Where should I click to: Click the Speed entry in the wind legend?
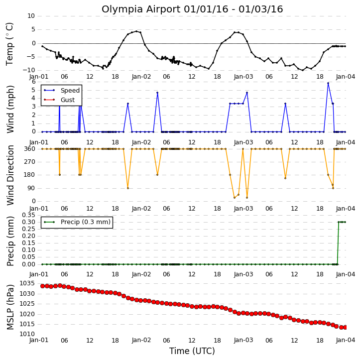(62, 90)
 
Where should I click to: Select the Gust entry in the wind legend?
(59, 100)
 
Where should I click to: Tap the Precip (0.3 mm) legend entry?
(77, 222)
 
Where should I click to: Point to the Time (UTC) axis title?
(192, 351)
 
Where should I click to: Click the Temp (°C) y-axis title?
(9, 44)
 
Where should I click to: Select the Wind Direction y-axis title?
(10, 175)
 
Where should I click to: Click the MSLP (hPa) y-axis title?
(10, 307)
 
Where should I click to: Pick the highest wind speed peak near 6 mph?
(328, 83)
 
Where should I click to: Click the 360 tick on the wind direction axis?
(30, 149)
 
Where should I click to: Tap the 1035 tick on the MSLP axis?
(27, 283)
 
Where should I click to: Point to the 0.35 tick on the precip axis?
(28, 215)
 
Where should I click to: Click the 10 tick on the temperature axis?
(31, 16)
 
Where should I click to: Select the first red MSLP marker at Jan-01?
(42, 286)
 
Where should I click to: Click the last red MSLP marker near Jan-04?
(345, 327)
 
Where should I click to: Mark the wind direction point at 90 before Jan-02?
(128, 188)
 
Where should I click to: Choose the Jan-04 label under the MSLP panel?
(345, 340)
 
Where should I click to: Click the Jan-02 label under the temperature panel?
(141, 77)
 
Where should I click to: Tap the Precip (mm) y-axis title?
(10, 241)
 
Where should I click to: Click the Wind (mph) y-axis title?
(10, 109)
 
